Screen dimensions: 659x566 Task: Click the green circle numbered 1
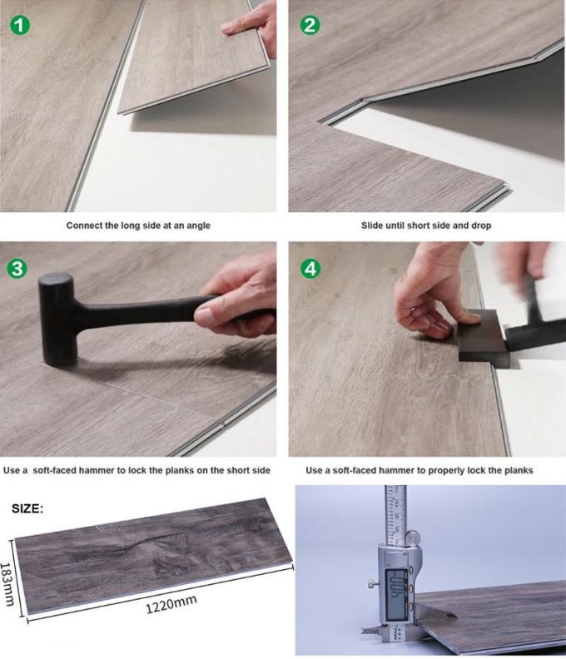[x=21, y=24]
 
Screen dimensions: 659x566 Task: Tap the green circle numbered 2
[x=310, y=24]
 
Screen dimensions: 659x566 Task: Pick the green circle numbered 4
[x=310, y=270]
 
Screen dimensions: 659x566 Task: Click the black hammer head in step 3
[x=57, y=319]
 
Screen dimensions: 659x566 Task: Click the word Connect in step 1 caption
[x=87, y=225]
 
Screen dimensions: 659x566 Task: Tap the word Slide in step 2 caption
[x=375, y=225]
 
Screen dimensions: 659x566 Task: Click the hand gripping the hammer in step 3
[x=237, y=300]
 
